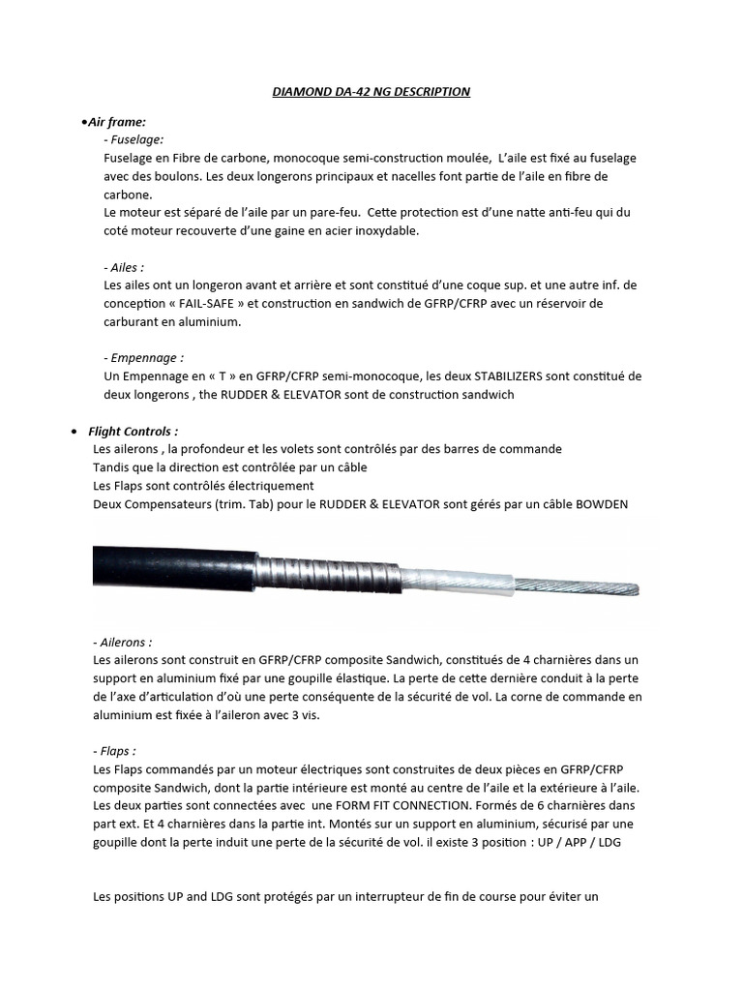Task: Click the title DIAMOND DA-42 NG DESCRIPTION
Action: [x=371, y=91]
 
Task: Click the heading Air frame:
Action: [x=116, y=122]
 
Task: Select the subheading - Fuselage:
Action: [x=134, y=139]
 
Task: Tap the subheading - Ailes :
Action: [x=123, y=267]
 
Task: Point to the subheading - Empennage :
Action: [x=143, y=358]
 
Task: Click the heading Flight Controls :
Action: [x=133, y=431]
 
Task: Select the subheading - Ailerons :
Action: [x=123, y=642]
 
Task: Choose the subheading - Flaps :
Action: [x=115, y=750]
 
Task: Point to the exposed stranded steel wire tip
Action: [x=580, y=585]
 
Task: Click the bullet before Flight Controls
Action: [x=75, y=432]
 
